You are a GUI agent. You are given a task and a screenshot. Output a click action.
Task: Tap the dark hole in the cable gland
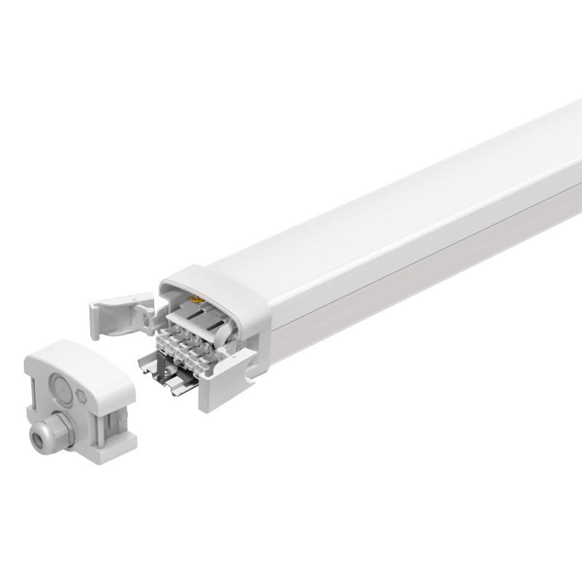[36, 438]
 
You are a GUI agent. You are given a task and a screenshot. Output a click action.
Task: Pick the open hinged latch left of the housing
[116, 314]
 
